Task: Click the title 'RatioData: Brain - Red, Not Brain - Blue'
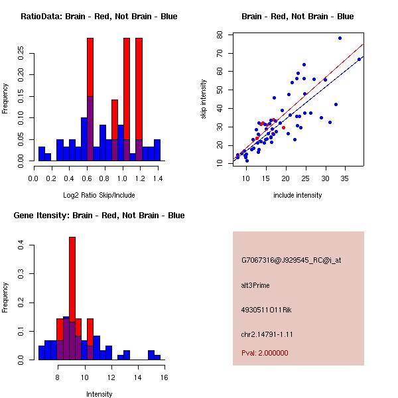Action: pos(99,17)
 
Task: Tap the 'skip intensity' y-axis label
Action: pos(206,99)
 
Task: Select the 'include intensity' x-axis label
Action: pos(298,195)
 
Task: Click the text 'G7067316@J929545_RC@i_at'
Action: pos(291,261)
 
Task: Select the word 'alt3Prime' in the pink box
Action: pos(255,285)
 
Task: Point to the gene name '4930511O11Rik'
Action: pos(264,310)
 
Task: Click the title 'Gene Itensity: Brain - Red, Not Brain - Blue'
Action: pos(99,216)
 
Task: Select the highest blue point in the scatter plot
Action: pos(340,38)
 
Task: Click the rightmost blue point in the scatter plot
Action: pos(359,59)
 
